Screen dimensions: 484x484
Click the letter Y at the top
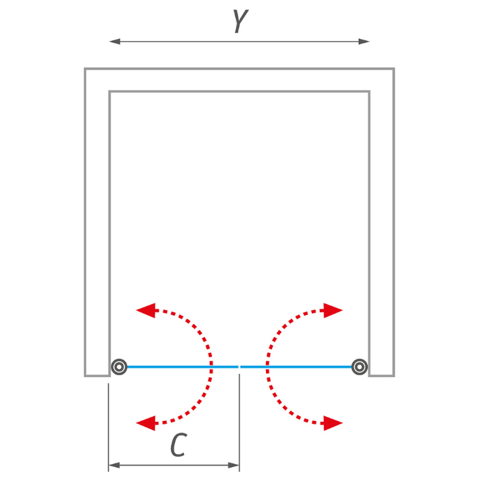[x=240, y=21]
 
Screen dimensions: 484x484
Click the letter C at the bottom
[x=178, y=444]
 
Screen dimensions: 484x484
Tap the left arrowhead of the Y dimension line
[x=115, y=41]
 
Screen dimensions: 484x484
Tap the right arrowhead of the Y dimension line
[x=364, y=41]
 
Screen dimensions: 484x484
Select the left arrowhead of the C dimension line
[x=114, y=465]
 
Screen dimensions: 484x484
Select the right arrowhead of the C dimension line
[x=234, y=465]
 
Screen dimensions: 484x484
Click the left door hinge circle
[x=119, y=367]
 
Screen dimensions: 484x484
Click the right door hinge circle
[x=360, y=367]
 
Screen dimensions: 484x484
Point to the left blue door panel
[x=183, y=367]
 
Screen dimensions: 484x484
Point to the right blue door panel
[x=296, y=367]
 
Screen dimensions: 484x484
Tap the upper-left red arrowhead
[x=146, y=310]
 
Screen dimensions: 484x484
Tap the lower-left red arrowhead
[x=146, y=423]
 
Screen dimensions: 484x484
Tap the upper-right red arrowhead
[x=333, y=310]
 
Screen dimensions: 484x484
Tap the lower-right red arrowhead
[x=333, y=423]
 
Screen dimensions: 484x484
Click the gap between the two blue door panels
[x=239, y=367]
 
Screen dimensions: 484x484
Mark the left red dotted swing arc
[x=211, y=367]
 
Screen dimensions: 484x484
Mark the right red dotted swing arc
[x=267, y=367]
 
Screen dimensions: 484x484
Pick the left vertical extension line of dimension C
[x=108, y=427]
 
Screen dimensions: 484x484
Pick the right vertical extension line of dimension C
[x=239, y=423]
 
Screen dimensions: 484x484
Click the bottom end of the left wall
[x=97, y=376]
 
